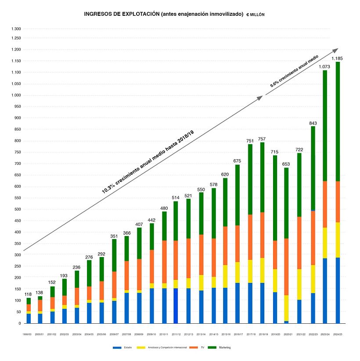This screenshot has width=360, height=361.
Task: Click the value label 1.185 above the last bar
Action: click(337, 58)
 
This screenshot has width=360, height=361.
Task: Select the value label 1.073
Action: click(324, 67)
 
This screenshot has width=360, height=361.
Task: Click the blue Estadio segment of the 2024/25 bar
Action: click(337, 290)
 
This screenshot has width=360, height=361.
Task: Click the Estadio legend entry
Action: click(126, 347)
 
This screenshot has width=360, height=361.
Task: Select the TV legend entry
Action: click(202, 347)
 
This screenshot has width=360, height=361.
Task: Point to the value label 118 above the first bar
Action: click(29, 295)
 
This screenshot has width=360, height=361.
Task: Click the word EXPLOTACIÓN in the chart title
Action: click(137, 14)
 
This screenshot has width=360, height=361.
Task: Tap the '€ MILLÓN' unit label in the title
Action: click(255, 14)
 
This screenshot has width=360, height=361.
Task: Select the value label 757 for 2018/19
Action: click(262, 139)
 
